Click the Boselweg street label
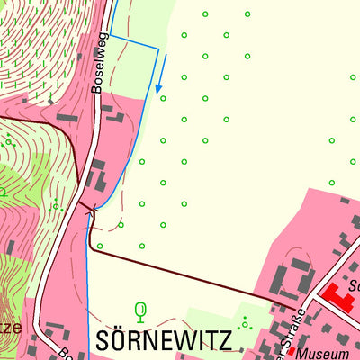point(101,67)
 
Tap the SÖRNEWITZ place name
point(163,340)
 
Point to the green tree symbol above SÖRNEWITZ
point(139,311)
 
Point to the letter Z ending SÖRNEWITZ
point(224,340)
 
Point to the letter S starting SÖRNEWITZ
point(102,340)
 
